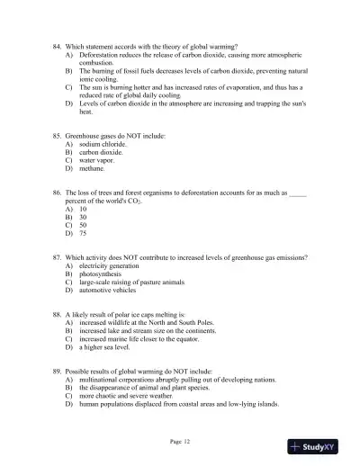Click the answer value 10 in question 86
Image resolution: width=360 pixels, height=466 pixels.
point(83,209)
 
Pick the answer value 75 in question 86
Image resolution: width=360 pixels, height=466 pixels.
point(83,233)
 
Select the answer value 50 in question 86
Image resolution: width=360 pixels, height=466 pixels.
point(83,225)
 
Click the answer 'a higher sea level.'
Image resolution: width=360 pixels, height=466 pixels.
point(106,346)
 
